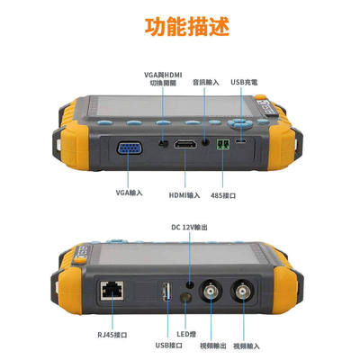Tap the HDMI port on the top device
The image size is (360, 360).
coord(186,144)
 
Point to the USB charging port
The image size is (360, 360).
coord(242,142)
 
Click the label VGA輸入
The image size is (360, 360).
coord(130,193)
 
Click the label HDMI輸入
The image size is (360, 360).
coord(185,193)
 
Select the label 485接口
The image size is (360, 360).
coord(223,193)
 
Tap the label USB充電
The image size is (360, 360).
coord(243,82)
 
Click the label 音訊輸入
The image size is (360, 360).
coord(205,82)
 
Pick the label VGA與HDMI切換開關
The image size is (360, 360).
coord(162,78)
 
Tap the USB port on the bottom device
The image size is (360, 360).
coord(166,294)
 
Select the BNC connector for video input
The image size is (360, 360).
coord(245,292)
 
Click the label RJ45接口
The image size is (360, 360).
coord(112,334)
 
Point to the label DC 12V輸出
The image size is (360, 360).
coord(190,228)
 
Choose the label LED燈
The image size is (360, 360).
coord(187,334)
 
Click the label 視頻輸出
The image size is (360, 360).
coord(212,345)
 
